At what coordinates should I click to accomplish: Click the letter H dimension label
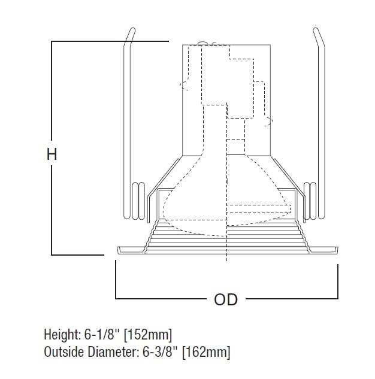(x=52, y=154)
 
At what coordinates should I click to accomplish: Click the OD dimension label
(x=225, y=299)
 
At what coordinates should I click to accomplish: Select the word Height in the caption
(x=61, y=334)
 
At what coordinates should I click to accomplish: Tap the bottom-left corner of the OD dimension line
(x=116, y=298)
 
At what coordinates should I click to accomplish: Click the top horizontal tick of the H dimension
(x=108, y=41)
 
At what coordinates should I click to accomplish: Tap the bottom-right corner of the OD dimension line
(x=336, y=298)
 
